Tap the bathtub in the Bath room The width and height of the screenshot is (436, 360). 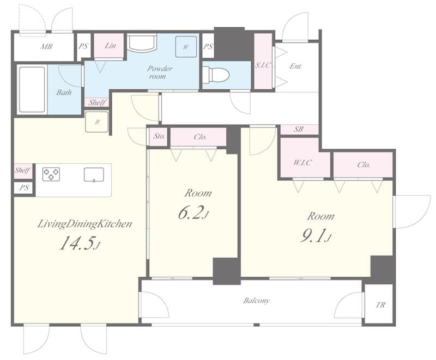(x=32, y=89)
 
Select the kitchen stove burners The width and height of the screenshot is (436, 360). (x=51, y=174)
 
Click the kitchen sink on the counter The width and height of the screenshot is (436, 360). (x=94, y=175)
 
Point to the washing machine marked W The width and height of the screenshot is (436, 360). (x=186, y=47)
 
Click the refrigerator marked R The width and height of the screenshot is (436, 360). (x=97, y=121)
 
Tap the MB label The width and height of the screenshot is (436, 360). (x=46, y=46)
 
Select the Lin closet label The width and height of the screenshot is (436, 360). (x=110, y=46)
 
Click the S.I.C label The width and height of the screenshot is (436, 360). (x=263, y=65)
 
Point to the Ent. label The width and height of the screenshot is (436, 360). (x=295, y=66)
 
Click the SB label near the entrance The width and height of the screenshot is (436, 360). (x=298, y=129)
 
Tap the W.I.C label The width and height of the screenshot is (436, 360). (x=303, y=162)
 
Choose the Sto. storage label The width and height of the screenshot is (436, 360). (x=159, y=136)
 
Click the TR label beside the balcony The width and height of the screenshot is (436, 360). (x=380, y=305)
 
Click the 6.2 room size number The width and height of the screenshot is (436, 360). (x=191, y=213)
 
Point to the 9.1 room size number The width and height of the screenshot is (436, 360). (x=313, y=237)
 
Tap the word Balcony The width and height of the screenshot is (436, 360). (x=256, y=301)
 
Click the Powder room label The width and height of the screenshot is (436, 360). (x=160, y=72)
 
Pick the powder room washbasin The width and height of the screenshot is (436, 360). (x=142, y=43)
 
